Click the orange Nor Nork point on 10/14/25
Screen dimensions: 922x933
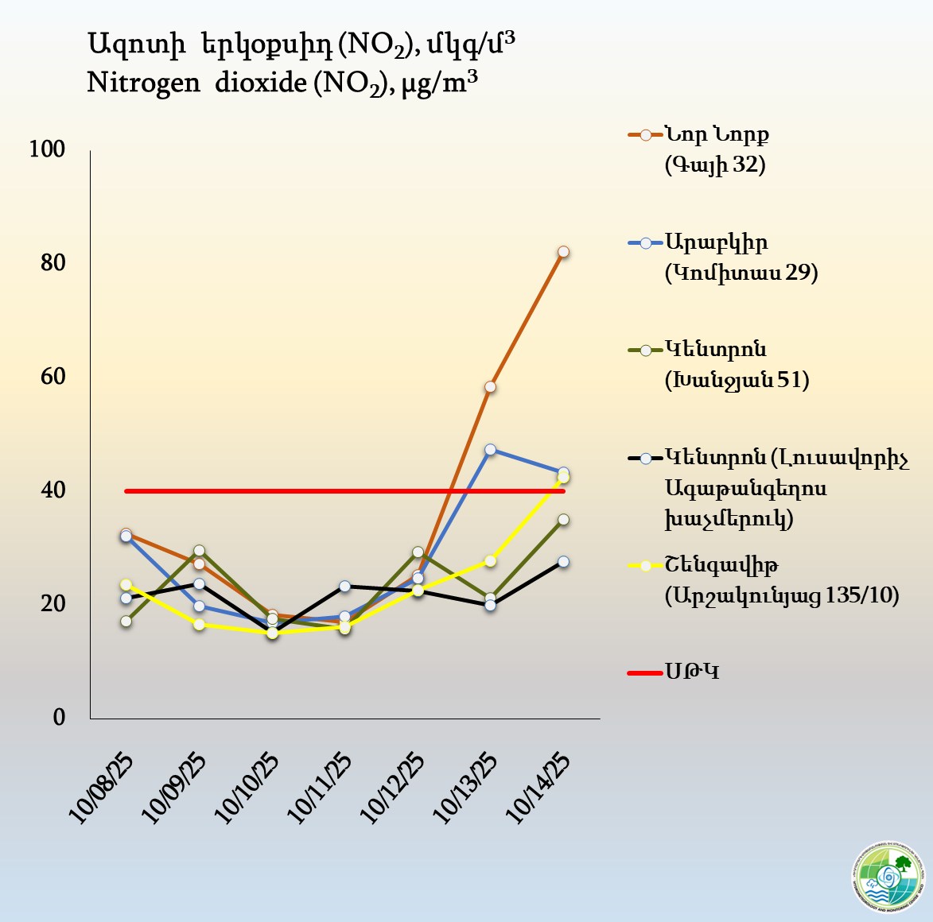tap(563, 252)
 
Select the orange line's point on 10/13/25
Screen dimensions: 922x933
tap(490, 387)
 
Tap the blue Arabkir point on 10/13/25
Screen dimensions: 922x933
tap(490, 450)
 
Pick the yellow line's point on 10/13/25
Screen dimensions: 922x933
tap(490, 561)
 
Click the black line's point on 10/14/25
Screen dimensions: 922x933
tap(563, 562)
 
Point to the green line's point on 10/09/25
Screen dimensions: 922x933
tap(199, 551)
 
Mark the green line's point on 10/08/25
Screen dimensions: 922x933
tap(126, 622)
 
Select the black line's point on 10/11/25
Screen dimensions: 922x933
tap(344, 587)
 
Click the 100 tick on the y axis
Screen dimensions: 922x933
tap(47, 149)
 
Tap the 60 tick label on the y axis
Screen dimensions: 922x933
tap(52, 376)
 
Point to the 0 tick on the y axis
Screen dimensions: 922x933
tap(59, 717)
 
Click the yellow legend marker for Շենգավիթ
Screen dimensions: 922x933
tap(645, 566)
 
